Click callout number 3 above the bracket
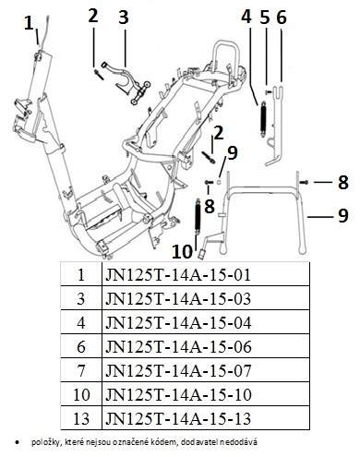[x=124, y=17]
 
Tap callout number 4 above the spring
[x=246, y=17]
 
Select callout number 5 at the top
[x=265, y=17]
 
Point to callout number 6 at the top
[x=282, y=17]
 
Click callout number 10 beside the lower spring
[x=182, y=251]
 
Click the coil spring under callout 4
[x=263, y=118]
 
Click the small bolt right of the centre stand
[x=305, y=183]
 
